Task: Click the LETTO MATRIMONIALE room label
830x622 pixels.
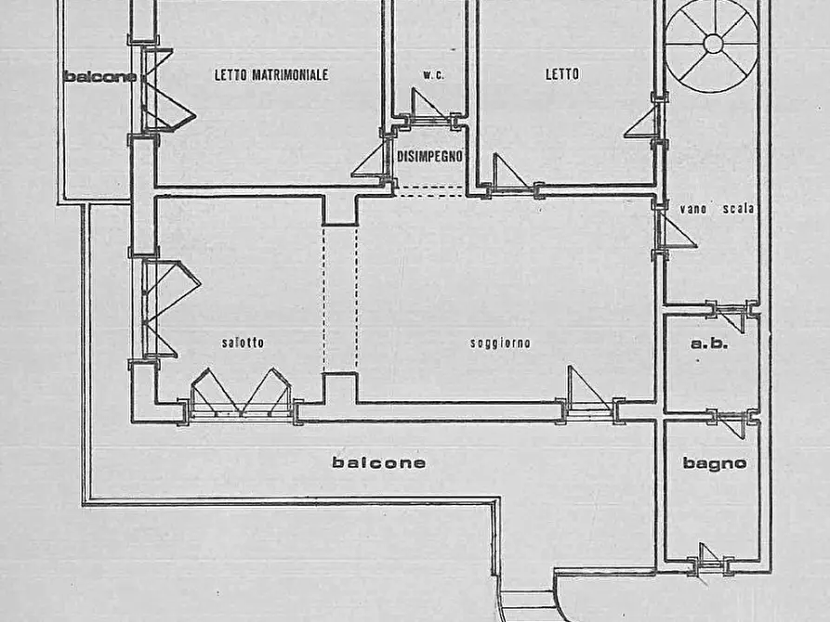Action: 271,74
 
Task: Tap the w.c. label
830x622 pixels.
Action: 433,75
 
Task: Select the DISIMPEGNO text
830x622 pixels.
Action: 429,156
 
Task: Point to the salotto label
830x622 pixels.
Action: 243,343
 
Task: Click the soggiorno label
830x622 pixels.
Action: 500,343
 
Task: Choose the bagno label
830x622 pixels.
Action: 715,463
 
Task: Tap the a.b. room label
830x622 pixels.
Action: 709,343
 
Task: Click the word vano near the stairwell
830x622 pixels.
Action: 692,209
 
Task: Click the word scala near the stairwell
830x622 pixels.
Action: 738,209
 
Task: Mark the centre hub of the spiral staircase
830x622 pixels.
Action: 713,44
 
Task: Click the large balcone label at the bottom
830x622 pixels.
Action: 379,463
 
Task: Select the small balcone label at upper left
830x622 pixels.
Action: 99,77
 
